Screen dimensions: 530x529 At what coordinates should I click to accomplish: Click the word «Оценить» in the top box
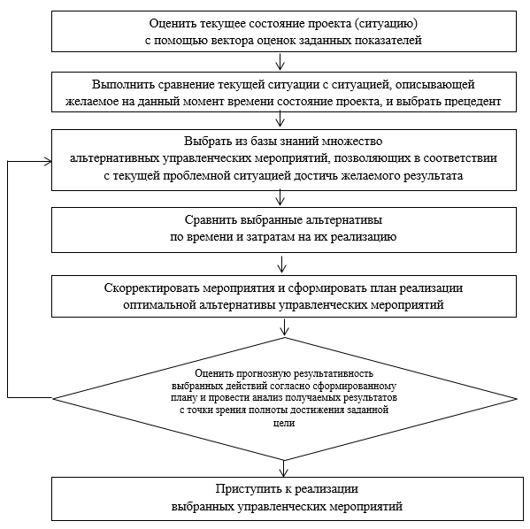(171, 24)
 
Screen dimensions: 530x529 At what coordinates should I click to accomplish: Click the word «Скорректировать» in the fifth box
(153, 288)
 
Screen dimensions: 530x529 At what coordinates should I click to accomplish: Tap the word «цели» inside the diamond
(284, 423)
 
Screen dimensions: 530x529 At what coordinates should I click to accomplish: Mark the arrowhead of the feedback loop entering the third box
(48, 162)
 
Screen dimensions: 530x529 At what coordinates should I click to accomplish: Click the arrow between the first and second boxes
(280, 61)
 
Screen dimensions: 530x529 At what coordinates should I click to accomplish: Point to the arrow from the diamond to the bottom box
(284, 469)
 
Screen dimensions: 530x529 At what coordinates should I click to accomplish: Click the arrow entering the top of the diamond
(285, 327)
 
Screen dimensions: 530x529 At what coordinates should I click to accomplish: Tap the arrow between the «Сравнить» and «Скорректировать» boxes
(282, 264)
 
